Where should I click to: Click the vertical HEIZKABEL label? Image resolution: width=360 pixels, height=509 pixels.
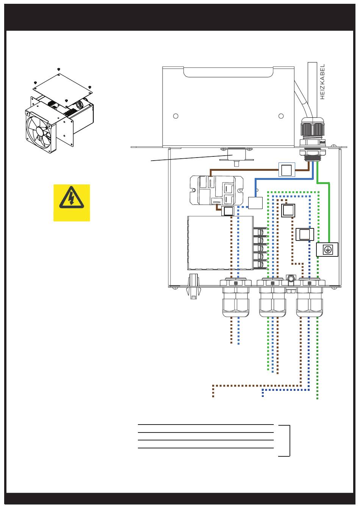tap(322, 82)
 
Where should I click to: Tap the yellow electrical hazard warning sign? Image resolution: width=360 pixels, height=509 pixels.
tap(72, 203)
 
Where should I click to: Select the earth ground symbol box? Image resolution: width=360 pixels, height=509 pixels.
tap(327, 250)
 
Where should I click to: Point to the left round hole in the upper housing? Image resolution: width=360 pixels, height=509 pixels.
tap(175, 116)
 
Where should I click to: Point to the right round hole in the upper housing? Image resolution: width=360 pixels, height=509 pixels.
tap(281, 116)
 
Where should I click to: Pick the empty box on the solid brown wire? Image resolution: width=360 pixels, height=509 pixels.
tap(287, 170)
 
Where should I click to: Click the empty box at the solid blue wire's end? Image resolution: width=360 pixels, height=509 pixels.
tap(255, 203)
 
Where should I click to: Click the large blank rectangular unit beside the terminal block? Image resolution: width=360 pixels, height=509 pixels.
tap(220, 243)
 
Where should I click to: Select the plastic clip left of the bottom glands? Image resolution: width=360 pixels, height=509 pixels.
tap(193, 286)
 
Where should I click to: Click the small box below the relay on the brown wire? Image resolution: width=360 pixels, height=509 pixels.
tap(228, 211)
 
